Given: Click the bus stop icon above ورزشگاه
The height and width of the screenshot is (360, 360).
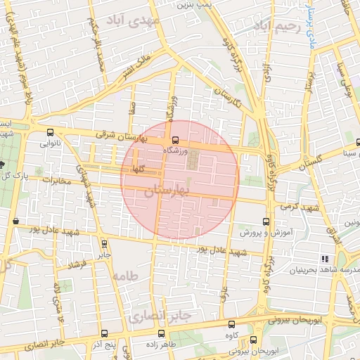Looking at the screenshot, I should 176,139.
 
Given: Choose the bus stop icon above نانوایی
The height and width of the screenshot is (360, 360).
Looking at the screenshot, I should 49,132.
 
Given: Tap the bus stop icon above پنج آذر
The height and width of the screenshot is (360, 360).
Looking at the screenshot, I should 105,334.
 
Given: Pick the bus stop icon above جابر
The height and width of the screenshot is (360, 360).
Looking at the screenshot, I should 104,245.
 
